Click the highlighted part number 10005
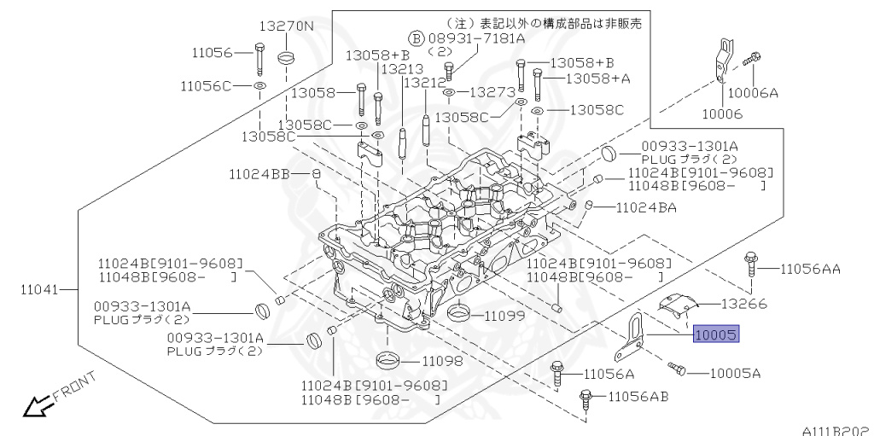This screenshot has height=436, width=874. click(715, 334)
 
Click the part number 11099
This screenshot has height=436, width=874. click(505, 316)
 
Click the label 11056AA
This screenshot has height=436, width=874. click(808, 269)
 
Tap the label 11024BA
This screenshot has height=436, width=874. click(645, 206)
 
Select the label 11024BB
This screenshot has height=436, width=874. click(256, 174)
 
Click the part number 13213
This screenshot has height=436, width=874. click(402, 69)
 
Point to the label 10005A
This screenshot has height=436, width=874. click(735, 373)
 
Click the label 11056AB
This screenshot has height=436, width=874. click(638, 396)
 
